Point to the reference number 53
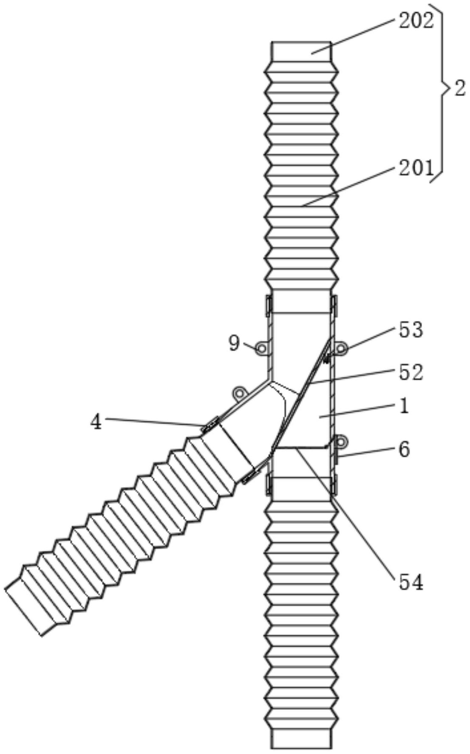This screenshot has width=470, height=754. pyautogui.click(x=411, y=330)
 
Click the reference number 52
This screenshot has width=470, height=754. pyautogui.click(x=411, y=372)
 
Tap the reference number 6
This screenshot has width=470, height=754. pyautogui.click(x=404, y=450)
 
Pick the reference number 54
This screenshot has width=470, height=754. pyautogui.click(x=411, y=583)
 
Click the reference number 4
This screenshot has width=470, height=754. pyautogui.click(x=97, y=422)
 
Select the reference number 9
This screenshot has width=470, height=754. pyautogui.click(x=234, y=343)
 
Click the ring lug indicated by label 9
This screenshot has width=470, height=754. pyautogui.click(x=261, y=349)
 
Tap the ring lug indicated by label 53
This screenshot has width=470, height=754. pyautogui.click(x=341, y=349)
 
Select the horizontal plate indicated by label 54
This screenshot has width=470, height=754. pyautogui.click(x=300, y=448)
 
